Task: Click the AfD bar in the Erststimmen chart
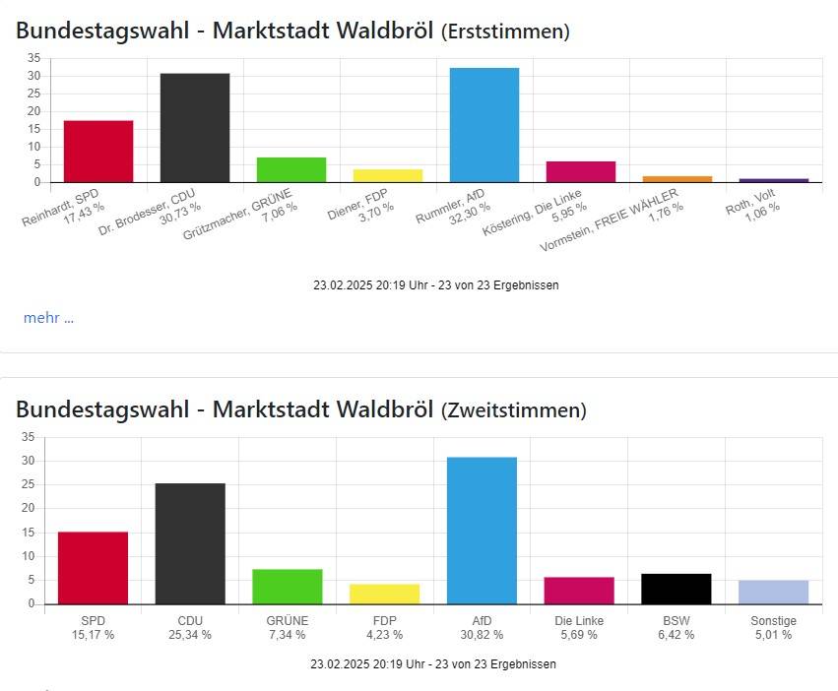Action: coord(483,125)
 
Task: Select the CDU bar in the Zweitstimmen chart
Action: coord(190,543)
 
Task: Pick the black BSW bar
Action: coord(676,589)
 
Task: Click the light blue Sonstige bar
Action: coord(773,593)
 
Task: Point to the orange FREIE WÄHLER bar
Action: coord(677,179)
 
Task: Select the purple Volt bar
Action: coord(773,180)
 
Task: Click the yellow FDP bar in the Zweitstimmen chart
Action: coord(384,594)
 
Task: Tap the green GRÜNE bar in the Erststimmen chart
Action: coord(290,169)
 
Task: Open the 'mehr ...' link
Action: coord(48,317)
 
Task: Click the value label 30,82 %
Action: coord(481,635)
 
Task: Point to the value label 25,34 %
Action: coord(190,635)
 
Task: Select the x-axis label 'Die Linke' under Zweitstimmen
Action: coord(578,621)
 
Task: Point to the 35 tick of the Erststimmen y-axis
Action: coord(33,58)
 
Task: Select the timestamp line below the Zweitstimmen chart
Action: coord(432,664)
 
